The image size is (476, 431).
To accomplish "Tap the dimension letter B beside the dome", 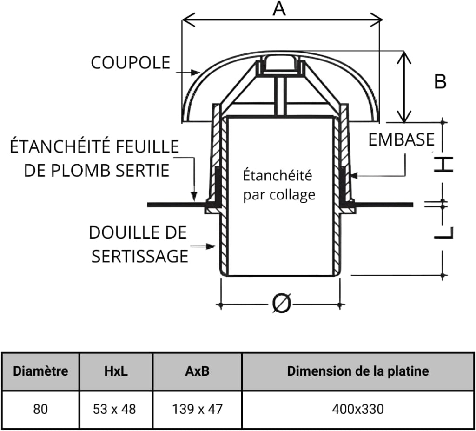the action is (x=440, y=81).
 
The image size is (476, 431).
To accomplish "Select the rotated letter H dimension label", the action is (x=443, y=164).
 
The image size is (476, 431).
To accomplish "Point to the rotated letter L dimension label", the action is (x=443, y=232).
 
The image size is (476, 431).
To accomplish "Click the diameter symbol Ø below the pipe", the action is (x=281, y=303).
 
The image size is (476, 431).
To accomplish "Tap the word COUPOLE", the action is (x=131, y=63).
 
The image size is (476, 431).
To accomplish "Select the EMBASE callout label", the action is (x=401, y=139).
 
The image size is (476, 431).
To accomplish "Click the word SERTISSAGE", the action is (x=139, y=256).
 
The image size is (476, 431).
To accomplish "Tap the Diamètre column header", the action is (x=40, y=371).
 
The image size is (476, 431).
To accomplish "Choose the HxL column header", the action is (x=116, y=371).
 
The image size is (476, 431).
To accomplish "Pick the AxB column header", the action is (x=197, y=371).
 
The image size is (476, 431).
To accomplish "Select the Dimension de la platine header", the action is (x=358, y=371).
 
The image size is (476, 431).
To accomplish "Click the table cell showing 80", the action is (x=40, y=409).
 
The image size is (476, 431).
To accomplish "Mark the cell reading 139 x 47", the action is (x=197, y=409).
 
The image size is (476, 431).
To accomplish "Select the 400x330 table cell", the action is (x=358, y=409).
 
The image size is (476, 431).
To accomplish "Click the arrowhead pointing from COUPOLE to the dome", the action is (x=196, y=72).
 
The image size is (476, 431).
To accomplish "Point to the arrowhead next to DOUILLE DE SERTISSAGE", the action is (x=211, y=246).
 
